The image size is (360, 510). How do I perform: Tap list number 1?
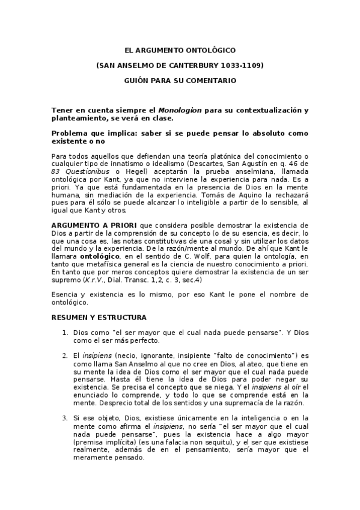[x=65, y=333]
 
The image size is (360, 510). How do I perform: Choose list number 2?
[x=65, y=355]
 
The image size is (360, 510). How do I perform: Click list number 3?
[x=65, y=417]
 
